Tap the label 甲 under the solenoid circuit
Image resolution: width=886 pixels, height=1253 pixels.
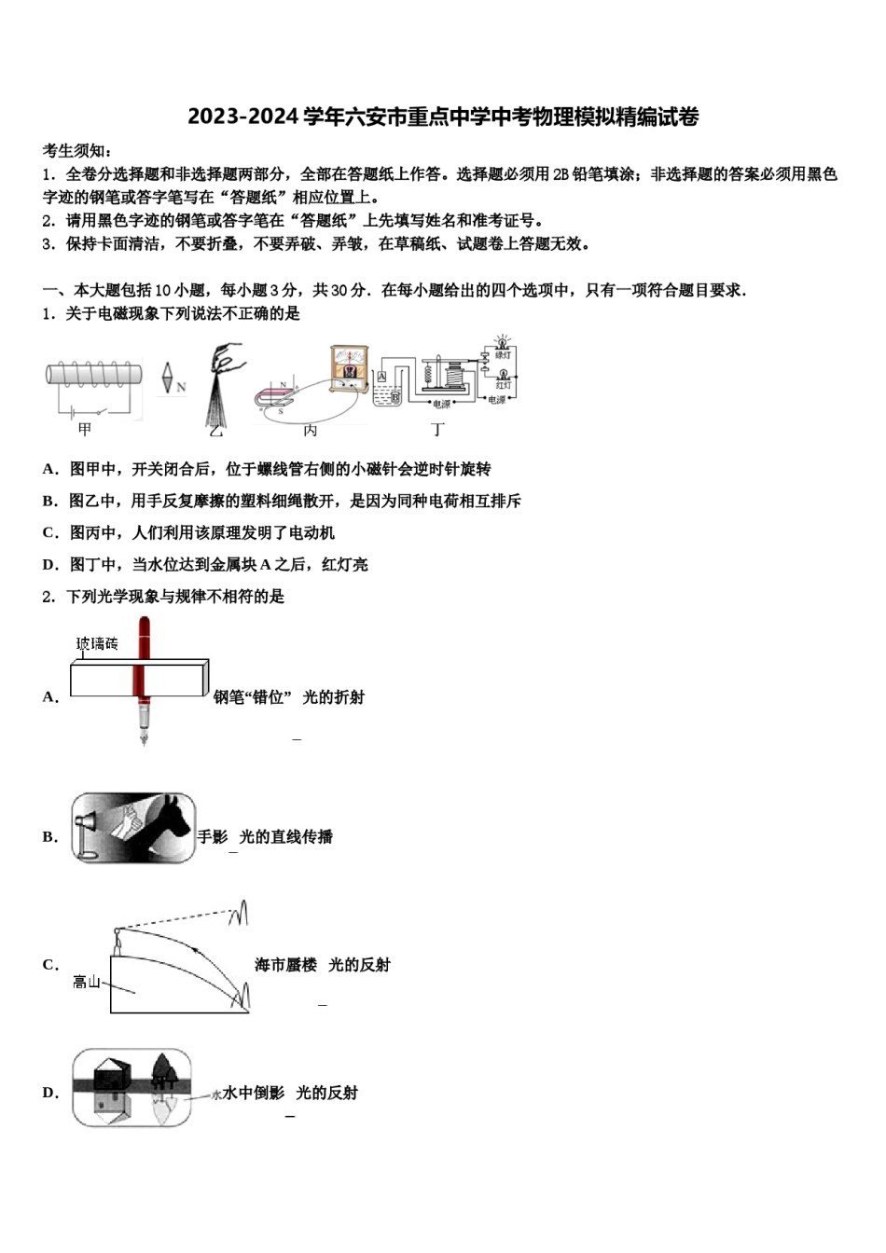[x=85, y=429]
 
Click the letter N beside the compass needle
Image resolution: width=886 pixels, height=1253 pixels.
[x=181, y=386]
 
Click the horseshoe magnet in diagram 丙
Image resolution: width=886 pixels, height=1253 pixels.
[x=276, y=395]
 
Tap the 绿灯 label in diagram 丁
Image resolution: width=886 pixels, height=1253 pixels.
[x=503, y=355]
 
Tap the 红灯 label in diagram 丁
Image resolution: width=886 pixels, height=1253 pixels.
[x=503, y=385]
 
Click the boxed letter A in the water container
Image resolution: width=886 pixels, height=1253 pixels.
[x=381, y=377]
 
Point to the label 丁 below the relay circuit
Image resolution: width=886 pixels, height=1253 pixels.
[x=437, y=429]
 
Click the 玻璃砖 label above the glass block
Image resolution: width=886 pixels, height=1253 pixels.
[x=97, y=643]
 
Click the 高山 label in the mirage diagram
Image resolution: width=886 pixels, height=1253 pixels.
[x=87, y=982]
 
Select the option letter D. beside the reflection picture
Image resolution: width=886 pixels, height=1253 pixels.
[x=50, y=1093]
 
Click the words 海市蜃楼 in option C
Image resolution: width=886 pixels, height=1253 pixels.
[x=285, y=965]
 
